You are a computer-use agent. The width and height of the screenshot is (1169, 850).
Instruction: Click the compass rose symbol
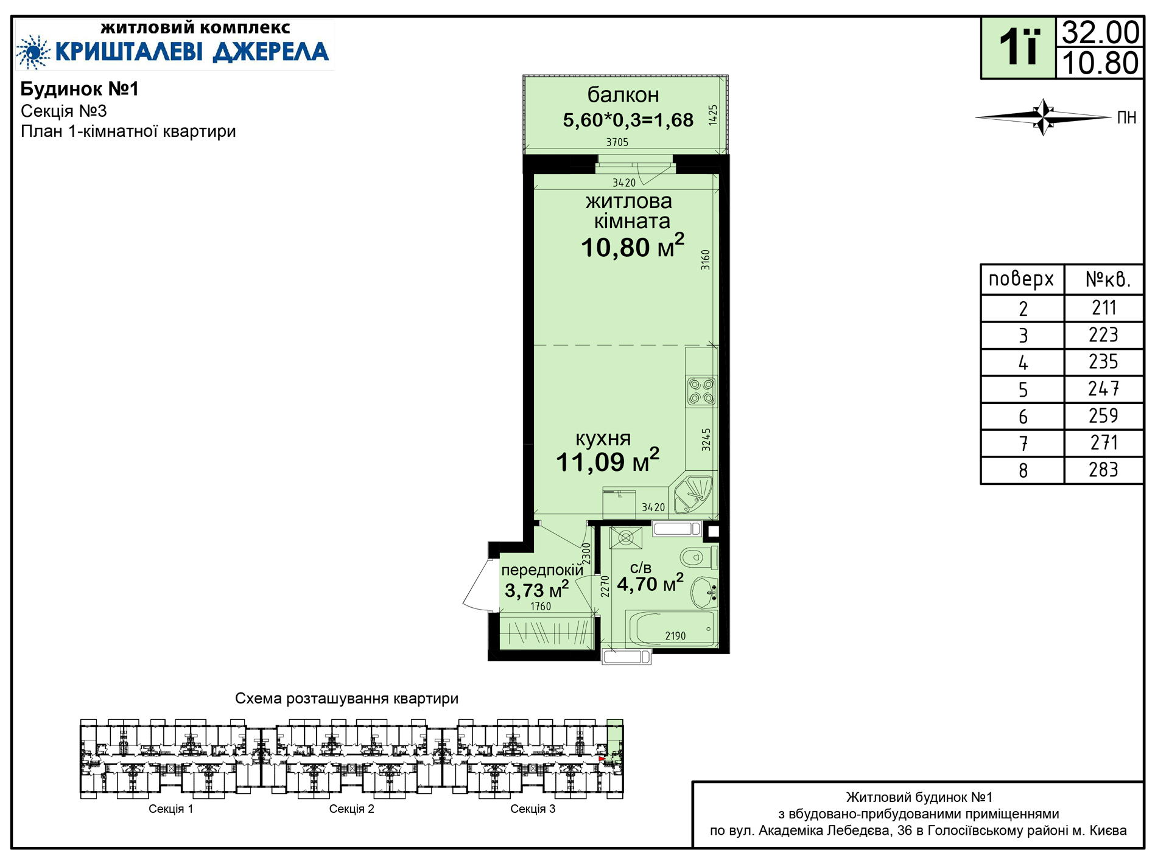click(x=1044, y=117)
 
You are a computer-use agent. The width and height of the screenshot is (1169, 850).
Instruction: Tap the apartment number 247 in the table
click(x=1103, y=389)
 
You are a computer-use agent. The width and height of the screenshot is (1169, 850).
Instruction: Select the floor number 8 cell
click(x=1023, y=470)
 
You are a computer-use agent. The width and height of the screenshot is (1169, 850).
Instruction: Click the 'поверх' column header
click(x=1021, y=279)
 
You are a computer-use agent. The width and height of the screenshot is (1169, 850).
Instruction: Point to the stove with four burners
click(x=701, y=391)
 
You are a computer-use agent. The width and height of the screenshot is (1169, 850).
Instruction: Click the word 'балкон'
click(x=623, y=95)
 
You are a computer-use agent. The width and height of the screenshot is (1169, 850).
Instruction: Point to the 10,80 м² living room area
click(x=633, y=246)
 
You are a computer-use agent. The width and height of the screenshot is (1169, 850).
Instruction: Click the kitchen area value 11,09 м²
click(x=608, y=461)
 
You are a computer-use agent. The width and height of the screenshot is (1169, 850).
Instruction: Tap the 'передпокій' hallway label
click(x=542, y=571)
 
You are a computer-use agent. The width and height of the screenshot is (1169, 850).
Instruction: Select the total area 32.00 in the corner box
click(x=1100, y=32)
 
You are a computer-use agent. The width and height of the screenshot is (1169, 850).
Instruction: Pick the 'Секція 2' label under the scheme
click(x=352, y=809)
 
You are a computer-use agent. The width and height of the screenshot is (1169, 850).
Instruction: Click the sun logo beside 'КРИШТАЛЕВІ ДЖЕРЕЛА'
click(x=33, y=52)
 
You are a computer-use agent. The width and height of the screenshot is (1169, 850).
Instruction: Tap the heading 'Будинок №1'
click(x=80, y=89)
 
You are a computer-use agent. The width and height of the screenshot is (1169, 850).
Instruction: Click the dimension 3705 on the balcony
click(x=617, y=142)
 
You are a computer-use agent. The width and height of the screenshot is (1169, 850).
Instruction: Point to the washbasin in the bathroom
click(x=705, y=592)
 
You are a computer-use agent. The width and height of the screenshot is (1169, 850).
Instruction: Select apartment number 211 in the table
click(x=1103, y=308)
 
